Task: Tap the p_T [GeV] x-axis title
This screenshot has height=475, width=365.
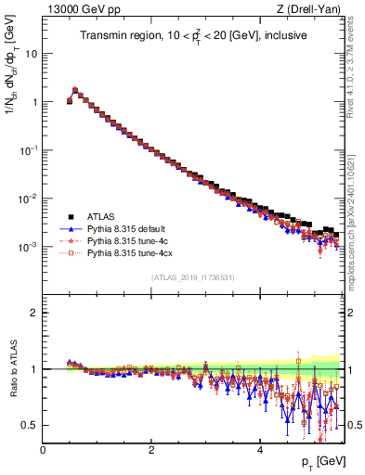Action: [322, 461]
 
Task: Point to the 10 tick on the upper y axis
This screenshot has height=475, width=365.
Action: [32, 53]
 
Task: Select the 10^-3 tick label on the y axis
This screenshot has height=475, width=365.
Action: [29, 246]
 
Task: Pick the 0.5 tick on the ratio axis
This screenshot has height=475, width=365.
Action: [31, 425]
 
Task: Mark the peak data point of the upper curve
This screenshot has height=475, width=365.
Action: [75, 91]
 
